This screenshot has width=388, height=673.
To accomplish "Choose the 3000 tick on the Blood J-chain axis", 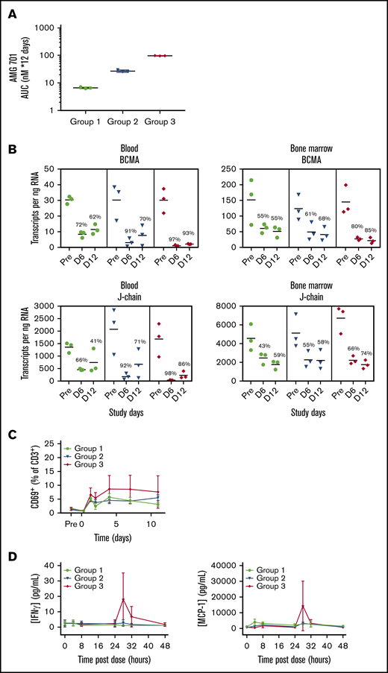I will click(x=49, y=306).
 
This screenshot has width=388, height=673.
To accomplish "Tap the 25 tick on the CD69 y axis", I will click(x=54, y=440).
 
